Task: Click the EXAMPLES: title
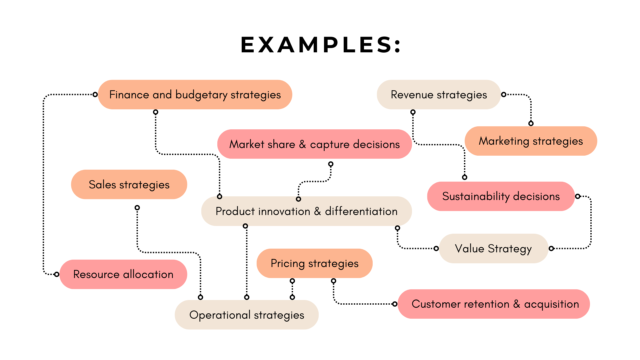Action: point(321,45)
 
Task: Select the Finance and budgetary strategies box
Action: point(195,95)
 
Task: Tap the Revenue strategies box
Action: point(439,95)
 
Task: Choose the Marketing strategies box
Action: point(531,141)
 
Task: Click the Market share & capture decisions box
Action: point(314,144)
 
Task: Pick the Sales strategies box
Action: point(129,184)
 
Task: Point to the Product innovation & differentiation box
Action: point(306,211)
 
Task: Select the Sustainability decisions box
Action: point(501,196)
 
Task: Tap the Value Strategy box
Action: point(493,248)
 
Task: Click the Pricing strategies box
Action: point(314,263)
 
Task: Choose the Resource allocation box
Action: point(123,274)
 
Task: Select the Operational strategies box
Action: point(247,315)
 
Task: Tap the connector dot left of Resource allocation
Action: point(57,274)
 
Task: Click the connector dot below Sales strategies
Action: point(137,208)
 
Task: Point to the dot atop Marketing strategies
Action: point(531,123)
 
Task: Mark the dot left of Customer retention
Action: point(395,304)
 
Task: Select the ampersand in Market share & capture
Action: point(302,144)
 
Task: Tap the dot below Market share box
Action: point(331,164)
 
